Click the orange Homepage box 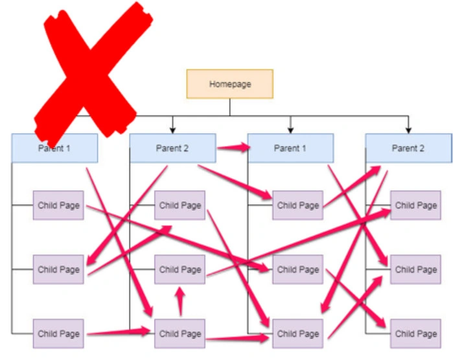(229, 84)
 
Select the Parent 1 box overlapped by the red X (54, 148)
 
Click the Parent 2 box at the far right (408, 148)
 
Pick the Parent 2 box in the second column (172, 148)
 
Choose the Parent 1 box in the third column (290, 148)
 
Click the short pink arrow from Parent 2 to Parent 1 (233, 148)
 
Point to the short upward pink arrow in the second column (180, 302)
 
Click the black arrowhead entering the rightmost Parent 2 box (408, 129)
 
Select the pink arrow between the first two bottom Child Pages (120, 333)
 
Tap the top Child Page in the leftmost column (58, 205)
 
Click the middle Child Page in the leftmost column (58, 269)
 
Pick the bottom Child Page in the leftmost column (58, 334)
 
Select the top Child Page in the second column (180, 205)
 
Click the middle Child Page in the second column (180, 269)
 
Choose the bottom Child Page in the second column (180, 334)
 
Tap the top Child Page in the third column (298, 205)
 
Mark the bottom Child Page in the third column (298, 334)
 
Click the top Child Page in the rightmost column (415, 205)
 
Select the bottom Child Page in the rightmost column (415, 334)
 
